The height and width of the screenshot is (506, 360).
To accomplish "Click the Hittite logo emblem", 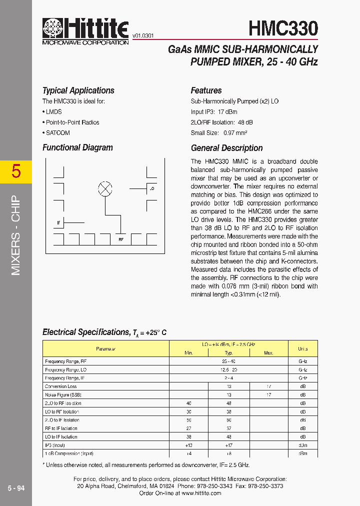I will tap(51, 28).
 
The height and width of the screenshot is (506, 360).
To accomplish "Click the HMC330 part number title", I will tap(283, 28).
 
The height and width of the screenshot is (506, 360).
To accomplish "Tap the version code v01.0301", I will tap(143, 36).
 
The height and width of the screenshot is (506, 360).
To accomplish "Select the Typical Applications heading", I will tap(78, 90).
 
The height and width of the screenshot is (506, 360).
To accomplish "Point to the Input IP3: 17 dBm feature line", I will tap(214, 112).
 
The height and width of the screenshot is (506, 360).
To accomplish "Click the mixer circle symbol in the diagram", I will tap(105, 188).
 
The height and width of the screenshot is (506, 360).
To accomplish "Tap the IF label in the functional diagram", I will tap(58, 222).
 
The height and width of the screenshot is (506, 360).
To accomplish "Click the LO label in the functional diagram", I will tap(151, 188).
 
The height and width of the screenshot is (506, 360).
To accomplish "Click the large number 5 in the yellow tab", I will tap(16, 171).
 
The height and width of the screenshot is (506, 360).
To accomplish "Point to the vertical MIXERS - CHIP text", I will tap(16, 235).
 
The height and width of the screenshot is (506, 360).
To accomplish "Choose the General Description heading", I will tap(226, 148).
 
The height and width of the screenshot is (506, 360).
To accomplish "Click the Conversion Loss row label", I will tap(60, 386).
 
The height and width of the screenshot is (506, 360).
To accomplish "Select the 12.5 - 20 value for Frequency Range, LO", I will tap(228, 369).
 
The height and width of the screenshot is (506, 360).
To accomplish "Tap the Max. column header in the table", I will tap(268, 353).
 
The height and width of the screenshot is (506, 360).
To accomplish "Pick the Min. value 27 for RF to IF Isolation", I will tap(188, 428).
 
